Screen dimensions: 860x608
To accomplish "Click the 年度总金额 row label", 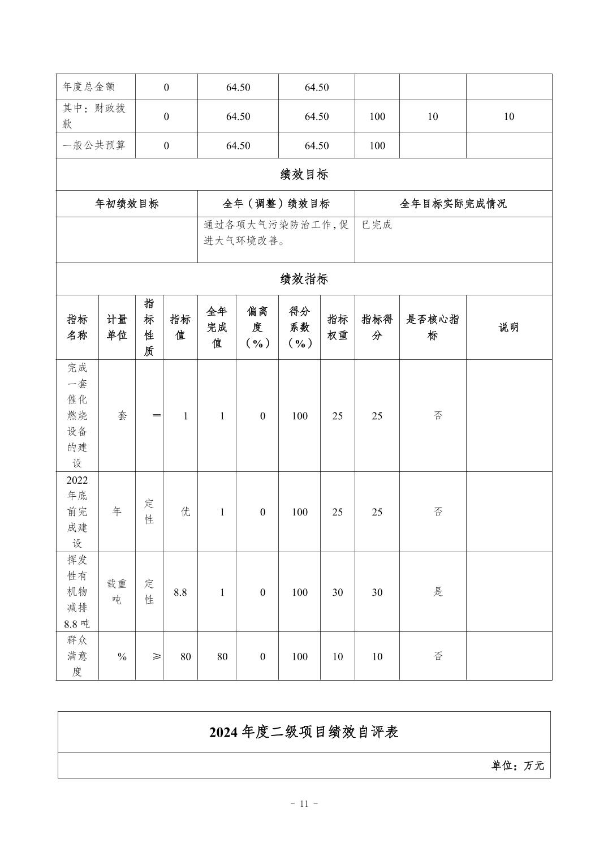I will click(x=88, y=87).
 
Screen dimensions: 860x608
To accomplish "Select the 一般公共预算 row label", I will click(x=94, y=145).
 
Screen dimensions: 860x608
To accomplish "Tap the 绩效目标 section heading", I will click(x=304, y=174).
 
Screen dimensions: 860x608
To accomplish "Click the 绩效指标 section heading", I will click(x=304, y=279).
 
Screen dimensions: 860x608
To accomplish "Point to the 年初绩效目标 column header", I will click(x=127, y=204).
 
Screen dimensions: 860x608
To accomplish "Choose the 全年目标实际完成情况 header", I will click(x=453, y=204).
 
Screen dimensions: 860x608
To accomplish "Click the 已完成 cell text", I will click(x=377, y=225).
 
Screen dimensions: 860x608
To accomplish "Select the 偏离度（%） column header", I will click(x=257, y=327).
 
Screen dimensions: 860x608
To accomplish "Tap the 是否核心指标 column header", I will click(x=433, y=327).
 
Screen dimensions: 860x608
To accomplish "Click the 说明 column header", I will click(x=508, y=327).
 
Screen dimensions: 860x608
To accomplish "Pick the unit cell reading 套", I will click(x=122, y=416).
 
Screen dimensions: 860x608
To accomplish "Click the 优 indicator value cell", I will click(x=185, y=511).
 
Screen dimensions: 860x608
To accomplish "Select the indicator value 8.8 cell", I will click(x=180, y=592).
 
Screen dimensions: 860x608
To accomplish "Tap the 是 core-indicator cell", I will click(x=438, y=592).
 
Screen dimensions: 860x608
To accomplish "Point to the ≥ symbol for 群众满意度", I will click(x=156, y=656).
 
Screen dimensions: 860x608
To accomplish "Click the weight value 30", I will click(x=337, y=592).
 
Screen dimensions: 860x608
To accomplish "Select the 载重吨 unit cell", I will click(x=117, y=592).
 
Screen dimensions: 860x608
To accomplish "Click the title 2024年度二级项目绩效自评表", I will click(x=304, y=732).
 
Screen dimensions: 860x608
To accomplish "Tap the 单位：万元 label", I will click(x=518, y=766).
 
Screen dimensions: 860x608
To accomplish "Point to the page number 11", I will click(x=304, y=803).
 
